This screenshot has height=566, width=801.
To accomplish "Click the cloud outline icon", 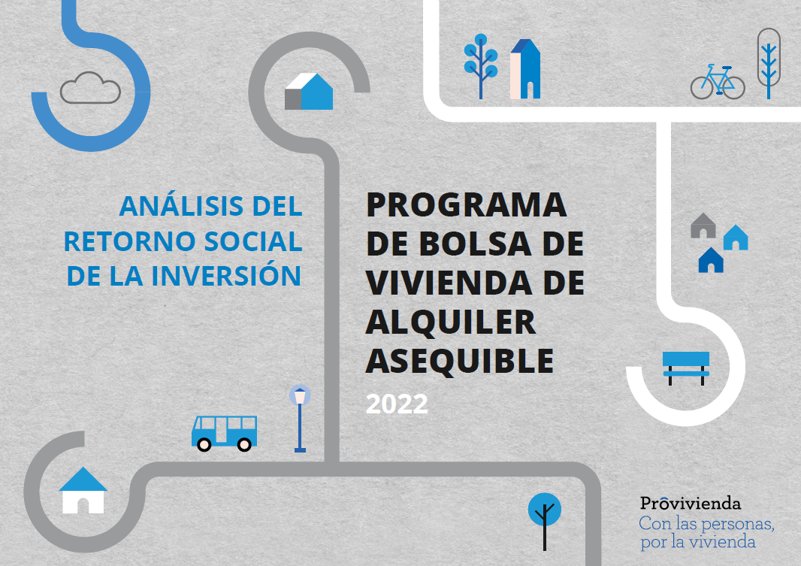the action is (90, 88).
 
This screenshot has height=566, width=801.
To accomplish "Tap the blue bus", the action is (224, 433).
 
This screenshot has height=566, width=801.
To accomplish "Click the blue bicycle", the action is (718, 82).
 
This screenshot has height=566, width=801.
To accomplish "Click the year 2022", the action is (397, 404).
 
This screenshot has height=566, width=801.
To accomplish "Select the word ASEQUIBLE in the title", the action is (460, 361).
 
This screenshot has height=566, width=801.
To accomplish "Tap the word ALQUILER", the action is (451, 322).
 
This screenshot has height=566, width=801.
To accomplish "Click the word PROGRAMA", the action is (467, 205).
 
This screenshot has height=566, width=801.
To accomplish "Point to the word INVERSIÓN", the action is (225, 275).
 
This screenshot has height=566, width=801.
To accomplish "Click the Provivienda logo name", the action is (690, 503).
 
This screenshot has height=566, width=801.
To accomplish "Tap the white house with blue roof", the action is (83, 490).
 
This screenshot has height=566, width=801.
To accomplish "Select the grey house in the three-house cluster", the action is (703, 225).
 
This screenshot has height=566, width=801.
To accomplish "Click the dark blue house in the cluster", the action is (711, 260).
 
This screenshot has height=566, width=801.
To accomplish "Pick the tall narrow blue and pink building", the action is (525, 69).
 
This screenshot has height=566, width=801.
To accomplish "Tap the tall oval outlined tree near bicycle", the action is (768, 63).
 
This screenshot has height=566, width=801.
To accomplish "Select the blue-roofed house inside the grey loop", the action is (309, 92).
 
